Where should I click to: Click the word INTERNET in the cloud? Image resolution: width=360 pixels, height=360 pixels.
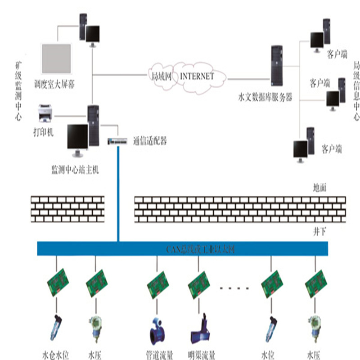pos(197,76)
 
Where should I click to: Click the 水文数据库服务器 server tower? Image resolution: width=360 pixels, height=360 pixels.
pos(276,66)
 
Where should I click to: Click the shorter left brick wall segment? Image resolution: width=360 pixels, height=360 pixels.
pos(67,207)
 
